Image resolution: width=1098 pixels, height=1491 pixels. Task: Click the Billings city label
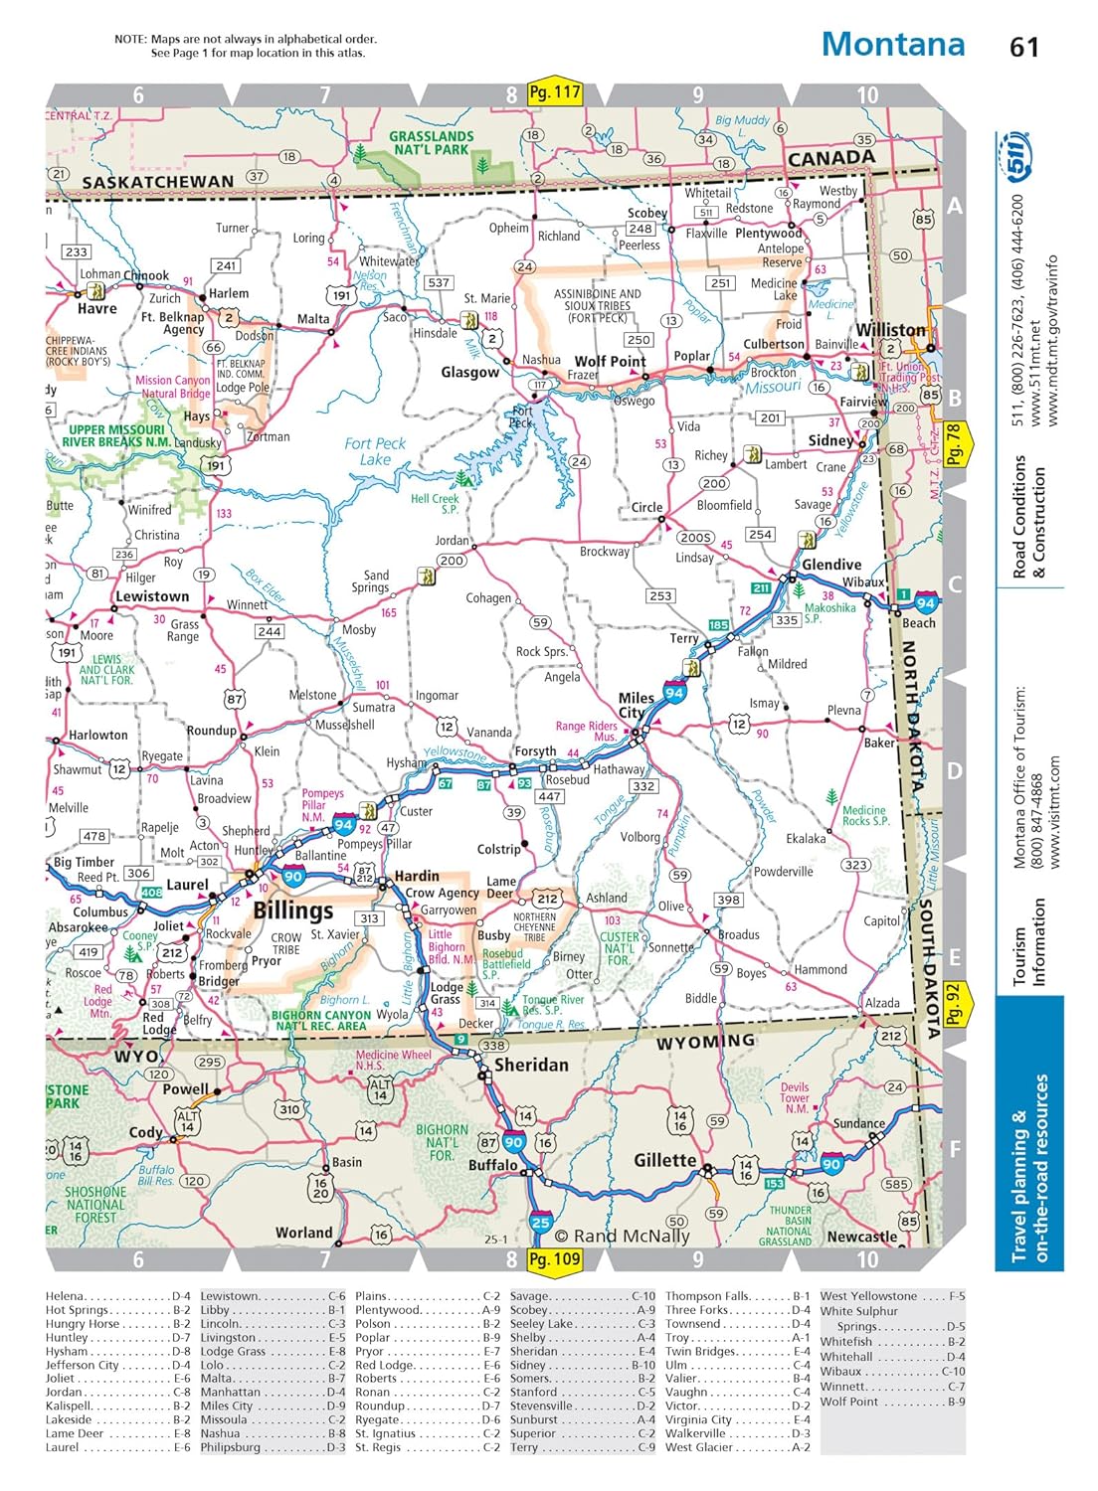(x=292, y=910)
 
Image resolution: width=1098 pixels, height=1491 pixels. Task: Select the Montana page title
(x=892, y=44)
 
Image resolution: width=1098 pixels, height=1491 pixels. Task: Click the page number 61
(x=1023, y=47)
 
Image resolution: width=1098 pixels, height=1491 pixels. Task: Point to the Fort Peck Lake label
(x=375, y=451)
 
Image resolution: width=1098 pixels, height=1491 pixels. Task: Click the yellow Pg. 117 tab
(x=554, y=92)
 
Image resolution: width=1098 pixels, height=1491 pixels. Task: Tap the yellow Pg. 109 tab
(x=554, y=1259)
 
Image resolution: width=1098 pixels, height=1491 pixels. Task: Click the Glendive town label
(x=831, y=564)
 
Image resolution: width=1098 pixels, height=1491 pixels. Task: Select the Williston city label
(x=890, y=329)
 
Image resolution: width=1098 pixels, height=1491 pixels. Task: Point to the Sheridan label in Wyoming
(x=531, y=1065)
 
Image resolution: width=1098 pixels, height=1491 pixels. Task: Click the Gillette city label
(x=664, y=1160)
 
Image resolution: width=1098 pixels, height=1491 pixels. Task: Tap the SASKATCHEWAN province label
(x=157, y=182)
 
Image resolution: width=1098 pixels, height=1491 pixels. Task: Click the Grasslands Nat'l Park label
(x=431, y=142)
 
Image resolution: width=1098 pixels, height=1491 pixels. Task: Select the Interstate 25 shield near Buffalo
(x=540, y=1224)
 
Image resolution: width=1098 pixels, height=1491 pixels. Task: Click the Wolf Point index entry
(x=848, y=1402)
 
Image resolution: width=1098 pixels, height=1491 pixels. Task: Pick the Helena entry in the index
(x=66, y=1296)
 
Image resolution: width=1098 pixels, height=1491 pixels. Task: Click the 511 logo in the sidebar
(x=1017, y=157)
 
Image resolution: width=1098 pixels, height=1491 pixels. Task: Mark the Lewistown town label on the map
(x=152, y=596)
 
